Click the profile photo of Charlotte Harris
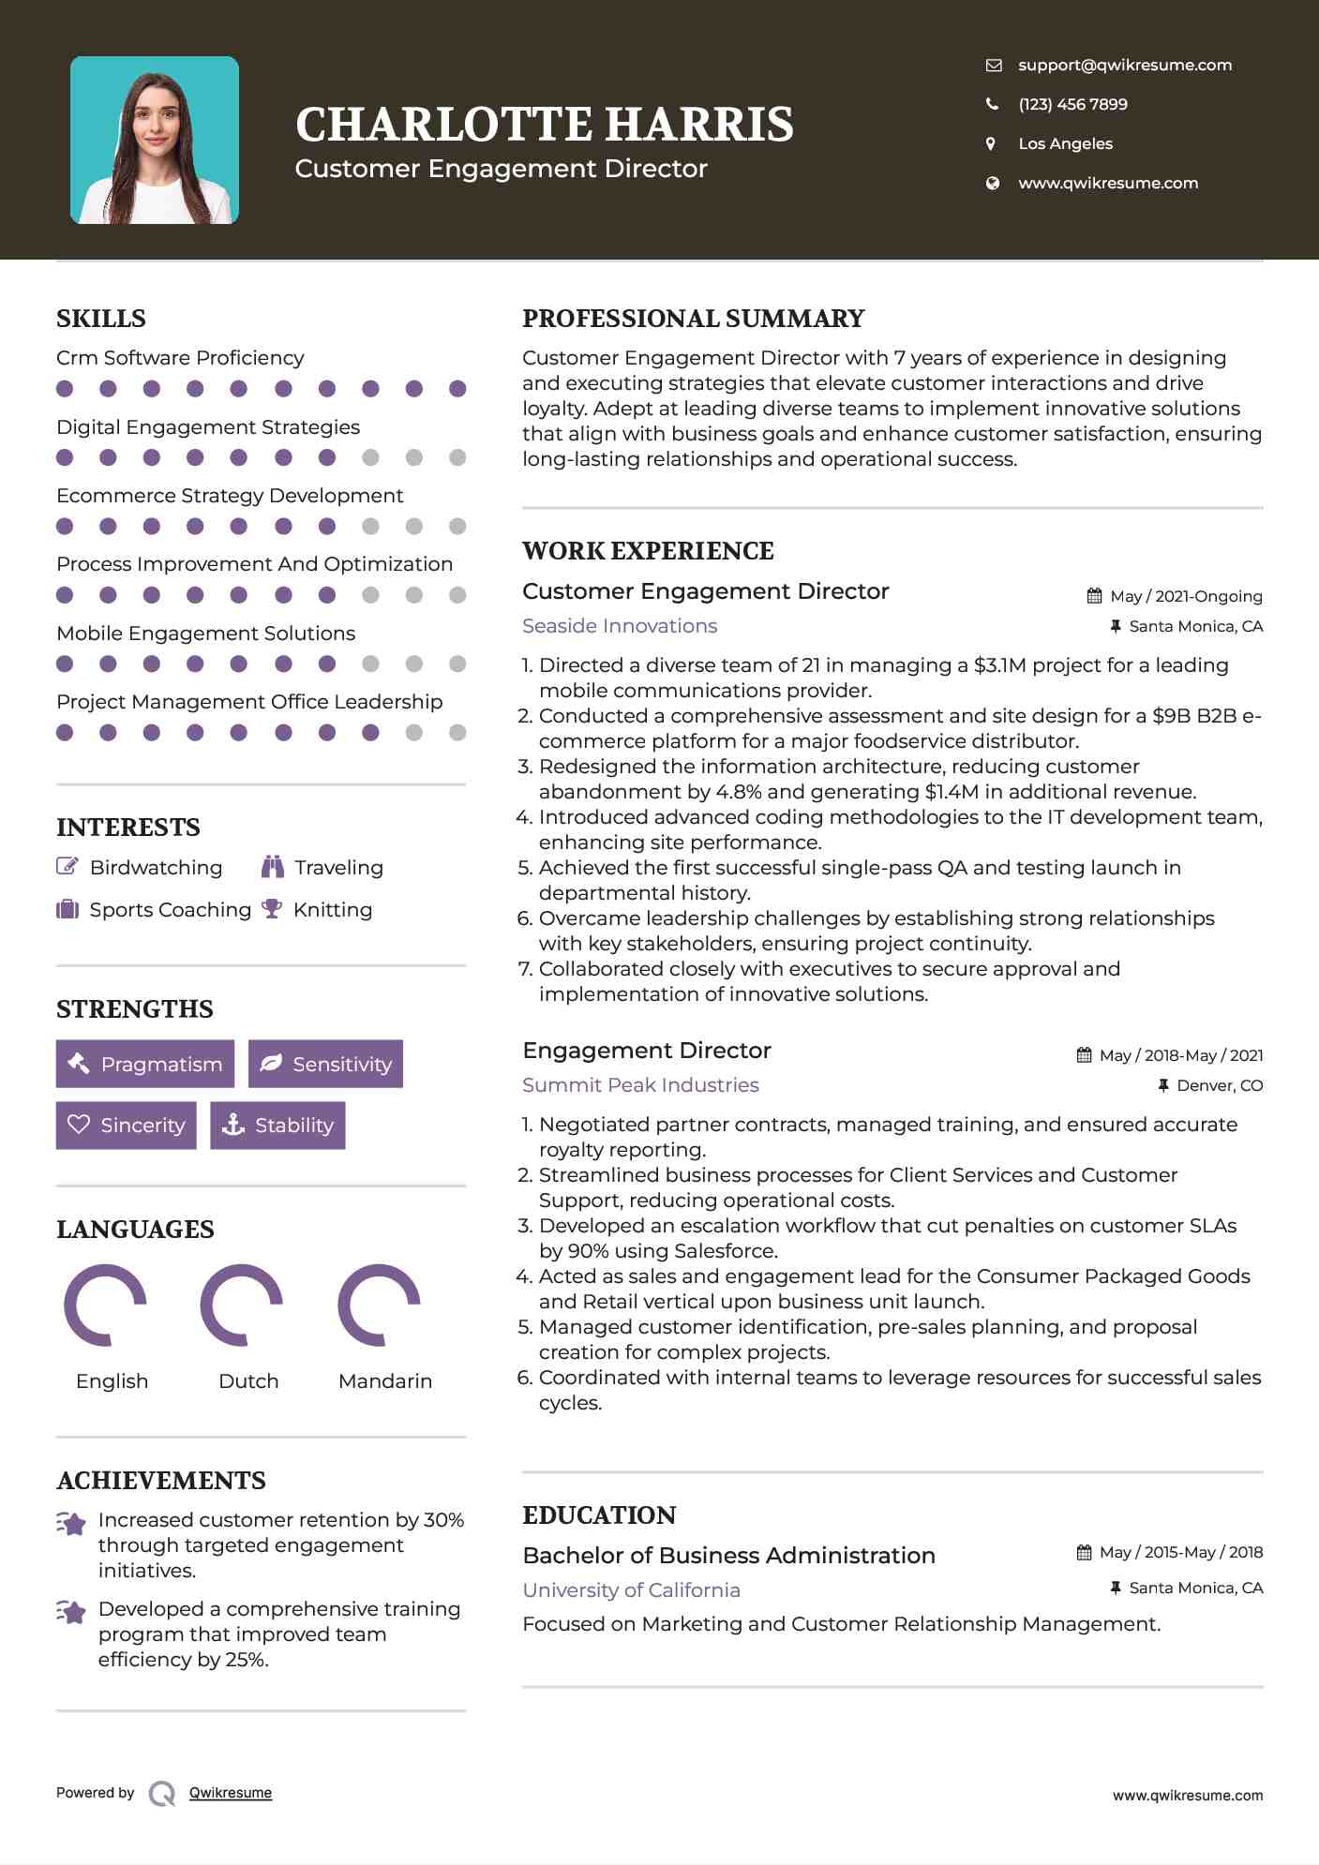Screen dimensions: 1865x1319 [155, 141]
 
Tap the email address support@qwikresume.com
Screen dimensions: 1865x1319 [1124, 65]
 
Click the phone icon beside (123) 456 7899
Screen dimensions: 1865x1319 [993, 104]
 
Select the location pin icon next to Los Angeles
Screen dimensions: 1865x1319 [992, 143]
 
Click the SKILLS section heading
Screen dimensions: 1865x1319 [101, 319]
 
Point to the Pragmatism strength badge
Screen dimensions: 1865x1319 [145, 1064]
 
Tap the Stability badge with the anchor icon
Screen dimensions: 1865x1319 [277, 1125]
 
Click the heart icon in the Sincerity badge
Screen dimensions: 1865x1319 [79, 1125]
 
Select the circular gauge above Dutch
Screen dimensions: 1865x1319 [243, 1305]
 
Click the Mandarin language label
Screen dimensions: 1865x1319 [384, 1380]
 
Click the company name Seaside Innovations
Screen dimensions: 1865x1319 [620, 626]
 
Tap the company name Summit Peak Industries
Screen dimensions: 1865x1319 [640, 1085]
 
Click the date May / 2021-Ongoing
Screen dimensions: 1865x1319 [1185, 596]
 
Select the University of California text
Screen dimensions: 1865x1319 [631, 1590]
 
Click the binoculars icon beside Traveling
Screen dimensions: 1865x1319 [273, 867]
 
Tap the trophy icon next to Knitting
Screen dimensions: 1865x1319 [272, 909]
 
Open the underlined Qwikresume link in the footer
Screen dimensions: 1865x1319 [231, 1793]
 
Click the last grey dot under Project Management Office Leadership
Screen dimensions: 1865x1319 [457, 733]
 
